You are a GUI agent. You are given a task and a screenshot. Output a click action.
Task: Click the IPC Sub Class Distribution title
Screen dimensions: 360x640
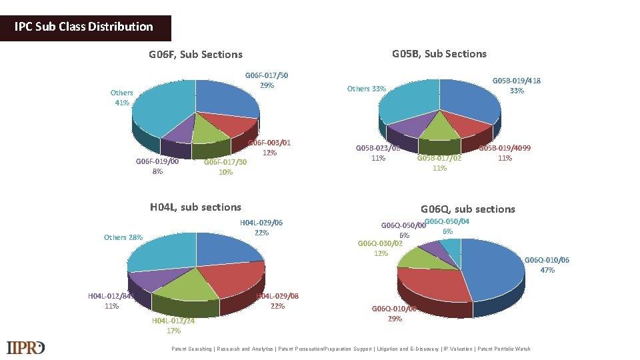click(x=85, y=27)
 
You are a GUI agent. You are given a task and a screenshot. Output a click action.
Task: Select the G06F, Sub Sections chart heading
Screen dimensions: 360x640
click(x=195, y=55)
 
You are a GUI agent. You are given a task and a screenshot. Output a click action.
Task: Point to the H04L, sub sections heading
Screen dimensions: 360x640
click(x=195, y=207)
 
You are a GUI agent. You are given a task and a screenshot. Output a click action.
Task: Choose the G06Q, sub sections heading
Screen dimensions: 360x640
click(x=467, y=209)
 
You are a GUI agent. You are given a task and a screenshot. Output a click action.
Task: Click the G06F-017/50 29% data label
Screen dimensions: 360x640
click(x=267, y=80)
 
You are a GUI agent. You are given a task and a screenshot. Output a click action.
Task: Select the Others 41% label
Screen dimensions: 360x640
click(x=121, y=97)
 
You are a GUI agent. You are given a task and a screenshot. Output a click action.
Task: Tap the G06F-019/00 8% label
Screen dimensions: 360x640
click(x=157, y=166)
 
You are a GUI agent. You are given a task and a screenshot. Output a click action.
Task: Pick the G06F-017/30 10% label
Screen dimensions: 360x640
click(x=225, y=167)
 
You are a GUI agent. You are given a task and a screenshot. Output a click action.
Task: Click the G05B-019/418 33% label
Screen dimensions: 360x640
click(x=517, y=85)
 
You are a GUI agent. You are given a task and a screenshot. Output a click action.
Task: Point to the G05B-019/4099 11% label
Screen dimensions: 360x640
click(x=505, y=153)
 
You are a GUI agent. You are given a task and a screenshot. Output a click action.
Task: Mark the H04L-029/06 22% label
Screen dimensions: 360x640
click(x=261, y=227)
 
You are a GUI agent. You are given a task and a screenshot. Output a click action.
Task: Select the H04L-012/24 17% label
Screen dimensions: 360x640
click(x=173, y=325)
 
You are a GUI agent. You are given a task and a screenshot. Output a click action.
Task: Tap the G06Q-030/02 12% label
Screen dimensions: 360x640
click(x=381, y=248)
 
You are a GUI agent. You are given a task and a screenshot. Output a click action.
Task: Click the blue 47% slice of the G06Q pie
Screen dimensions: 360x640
click(x=493, y=267)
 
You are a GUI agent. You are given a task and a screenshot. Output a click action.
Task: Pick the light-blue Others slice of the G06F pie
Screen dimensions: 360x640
click(x=163, y=107)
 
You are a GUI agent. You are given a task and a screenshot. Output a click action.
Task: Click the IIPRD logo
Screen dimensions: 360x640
click(x=26, y=347)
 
